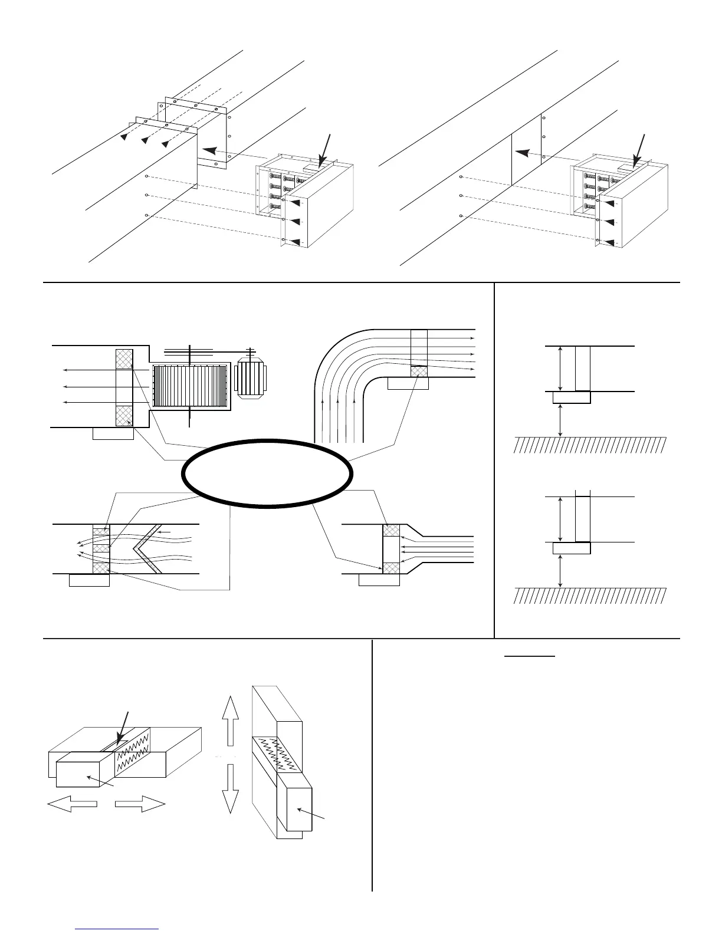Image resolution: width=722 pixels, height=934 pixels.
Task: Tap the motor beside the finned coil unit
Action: pyautogui.click(x=251, y=375)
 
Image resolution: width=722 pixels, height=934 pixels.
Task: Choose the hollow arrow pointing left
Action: pyautogui.click(x=71, y=804)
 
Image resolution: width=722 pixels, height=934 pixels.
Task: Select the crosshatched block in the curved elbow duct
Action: pyautogui.click(x=419, y=371)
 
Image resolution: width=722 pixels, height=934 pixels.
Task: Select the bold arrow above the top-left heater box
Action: pyautogui.click(x=325, y=147)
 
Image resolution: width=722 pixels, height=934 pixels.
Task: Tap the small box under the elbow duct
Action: pyautogui.click(x=408, y=384)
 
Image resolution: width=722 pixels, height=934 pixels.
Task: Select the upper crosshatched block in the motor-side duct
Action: pyautogui.click(x=124, y=359)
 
